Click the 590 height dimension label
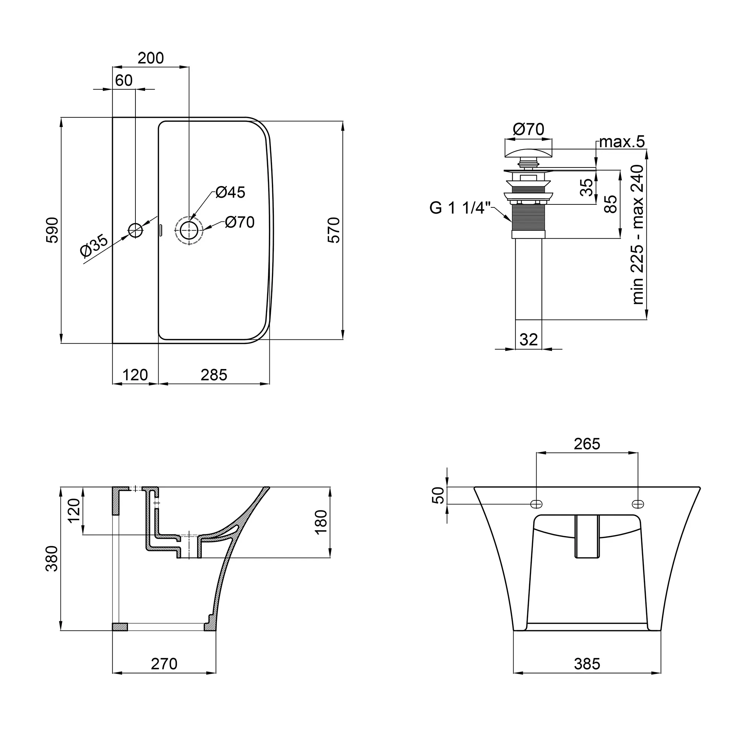click(x=52, y=230)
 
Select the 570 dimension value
click(x=334, y=230)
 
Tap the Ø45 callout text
click(x=230, y=192)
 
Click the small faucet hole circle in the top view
click(x=135, y=230)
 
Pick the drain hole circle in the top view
click(x=189, y=230)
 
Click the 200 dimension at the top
click(x=151, y=58)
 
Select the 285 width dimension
click(x=214, y=375)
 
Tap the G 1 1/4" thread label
click(x=460, y=208)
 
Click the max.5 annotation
click(x=622, y=142)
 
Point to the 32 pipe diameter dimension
click(x=529, y=339)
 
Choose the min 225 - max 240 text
click(x=638, y=235)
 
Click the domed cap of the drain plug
click(x=529, y=153)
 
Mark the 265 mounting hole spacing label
click(x=587, y=444)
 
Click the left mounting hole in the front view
click(x=537, y=504)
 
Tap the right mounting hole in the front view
click(x=638, y=504)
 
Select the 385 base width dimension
click(x=587, y=664)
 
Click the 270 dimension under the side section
click(x=164, y=664)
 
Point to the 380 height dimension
click(x=52, y=558)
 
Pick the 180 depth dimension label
click(x=322, y=522)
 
